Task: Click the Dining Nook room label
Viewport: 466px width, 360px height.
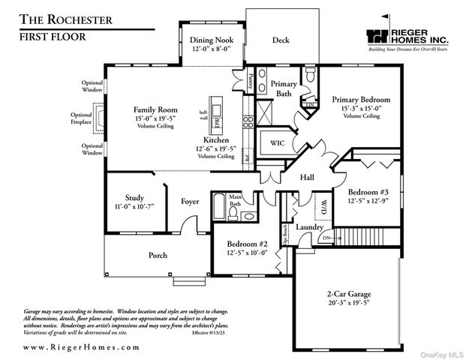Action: coord(211,40)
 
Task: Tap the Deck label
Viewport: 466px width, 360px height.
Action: coord(281,40)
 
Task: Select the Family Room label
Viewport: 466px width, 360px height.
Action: coord(155,109)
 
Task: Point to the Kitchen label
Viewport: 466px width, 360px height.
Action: coord(216,140)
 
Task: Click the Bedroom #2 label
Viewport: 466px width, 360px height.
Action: coord(248,243)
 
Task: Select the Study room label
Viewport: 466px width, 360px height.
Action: coord(135,198)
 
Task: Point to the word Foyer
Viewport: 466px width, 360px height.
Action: coord(190,201)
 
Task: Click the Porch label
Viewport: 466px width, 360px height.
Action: coord(158,255)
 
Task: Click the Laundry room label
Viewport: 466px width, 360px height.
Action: coord(309,227)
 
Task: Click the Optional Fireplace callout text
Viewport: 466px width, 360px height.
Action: coord(82,118)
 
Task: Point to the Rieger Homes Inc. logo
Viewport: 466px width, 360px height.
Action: coord(408,37)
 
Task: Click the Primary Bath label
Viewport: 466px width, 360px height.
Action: coord(284,88)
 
